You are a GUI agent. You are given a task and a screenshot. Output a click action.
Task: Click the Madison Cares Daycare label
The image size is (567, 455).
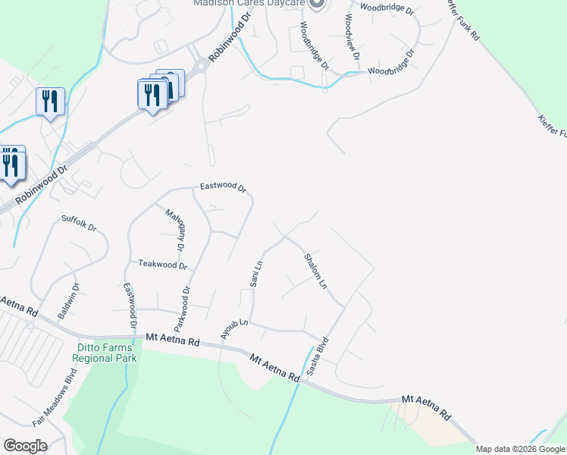[x=249, y=3]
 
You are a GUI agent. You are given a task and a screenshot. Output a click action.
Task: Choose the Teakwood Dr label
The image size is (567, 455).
[x=162, y=265]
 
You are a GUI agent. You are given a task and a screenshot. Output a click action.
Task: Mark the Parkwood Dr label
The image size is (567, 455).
[x=181, y=309]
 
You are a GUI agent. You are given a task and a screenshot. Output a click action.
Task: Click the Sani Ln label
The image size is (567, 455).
[x=256, y=274]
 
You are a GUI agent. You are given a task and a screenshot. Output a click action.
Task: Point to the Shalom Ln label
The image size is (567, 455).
[x=315, y=271]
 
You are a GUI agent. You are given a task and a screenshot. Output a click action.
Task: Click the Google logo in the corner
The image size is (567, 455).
[x=24, y=446]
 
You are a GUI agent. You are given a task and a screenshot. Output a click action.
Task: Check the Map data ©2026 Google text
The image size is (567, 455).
[x=520, y=449]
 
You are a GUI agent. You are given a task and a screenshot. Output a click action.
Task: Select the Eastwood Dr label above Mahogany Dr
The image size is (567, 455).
[x=223, y=187]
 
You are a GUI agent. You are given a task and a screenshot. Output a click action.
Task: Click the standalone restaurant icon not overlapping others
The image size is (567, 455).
[x=50, y=101]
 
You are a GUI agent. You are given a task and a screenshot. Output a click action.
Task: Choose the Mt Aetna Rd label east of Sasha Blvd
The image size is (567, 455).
[x=427, y=406]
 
